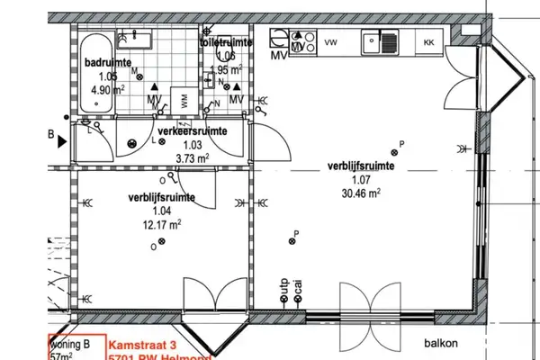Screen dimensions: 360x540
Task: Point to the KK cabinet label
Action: pyautogui.click(x=429, y=42)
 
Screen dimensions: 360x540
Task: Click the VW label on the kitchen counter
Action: pyautogui.click(x=330, y=42)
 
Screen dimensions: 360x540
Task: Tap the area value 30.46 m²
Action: pyautogui.click(x=361, y=192)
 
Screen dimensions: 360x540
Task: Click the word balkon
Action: pyautogui.click(x=443, y=342)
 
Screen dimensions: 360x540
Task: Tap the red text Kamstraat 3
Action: pyautogui.click(x=143, y=345)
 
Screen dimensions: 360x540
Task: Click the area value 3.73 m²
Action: pyautogui.click(x=193, y=157)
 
